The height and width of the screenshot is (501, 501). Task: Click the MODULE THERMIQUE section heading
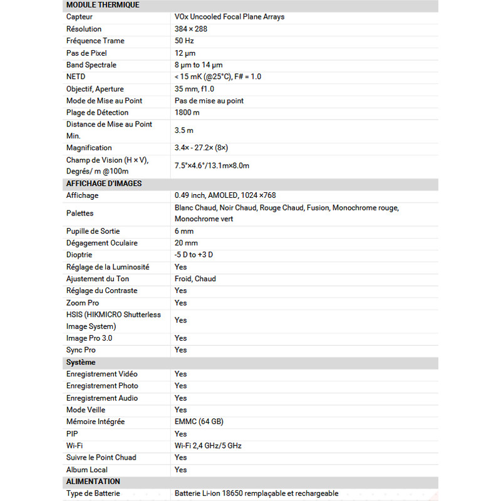[x=103, y=5]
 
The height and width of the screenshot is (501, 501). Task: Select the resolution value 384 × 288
[x=191, y=29]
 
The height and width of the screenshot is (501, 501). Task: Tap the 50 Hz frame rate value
[x=184, y=41]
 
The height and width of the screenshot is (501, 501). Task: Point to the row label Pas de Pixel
[x=87, y=53]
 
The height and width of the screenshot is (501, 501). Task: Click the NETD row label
[x=76, y=76]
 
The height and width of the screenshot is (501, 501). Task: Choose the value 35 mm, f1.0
[x=194, y=89]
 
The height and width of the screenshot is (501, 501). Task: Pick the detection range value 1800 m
[x=187, y=113]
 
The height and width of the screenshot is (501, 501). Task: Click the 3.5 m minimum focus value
[x=184, y=130]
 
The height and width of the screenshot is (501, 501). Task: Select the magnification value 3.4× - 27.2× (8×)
[x=201, y=148]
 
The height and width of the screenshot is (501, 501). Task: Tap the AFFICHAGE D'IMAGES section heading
[x=104, y=183]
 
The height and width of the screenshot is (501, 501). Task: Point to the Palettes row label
[x=80, y=214]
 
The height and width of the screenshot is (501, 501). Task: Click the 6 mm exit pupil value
[x=184, y=231]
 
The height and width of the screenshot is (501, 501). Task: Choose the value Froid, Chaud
[x=195, y=279]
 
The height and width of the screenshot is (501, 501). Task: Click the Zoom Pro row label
[x=83, y=302]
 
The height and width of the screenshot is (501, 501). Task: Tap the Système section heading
[x=81, y=363]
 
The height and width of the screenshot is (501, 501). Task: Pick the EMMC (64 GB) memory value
[x=199, y=421]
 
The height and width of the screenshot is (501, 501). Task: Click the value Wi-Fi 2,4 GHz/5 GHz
[x=208, y=445]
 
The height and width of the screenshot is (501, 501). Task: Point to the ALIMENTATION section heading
[x=93, y=482]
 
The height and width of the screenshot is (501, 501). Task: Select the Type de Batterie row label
[x=93, y=493]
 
